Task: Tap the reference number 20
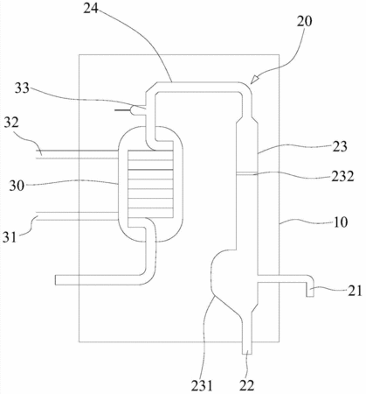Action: tap(304, 21)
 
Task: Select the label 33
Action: tap(22, 88)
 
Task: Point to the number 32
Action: tap(11, 123)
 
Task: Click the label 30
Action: tap(17, 186)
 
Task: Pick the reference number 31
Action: tap(10, 236)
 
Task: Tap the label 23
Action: tap(339, 146)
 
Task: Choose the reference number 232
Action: tap(342, 176)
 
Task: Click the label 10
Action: tap(341, 222)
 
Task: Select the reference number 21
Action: tap(355, 291)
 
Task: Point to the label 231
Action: tap(202, 385)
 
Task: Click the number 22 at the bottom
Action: tap(247, 385)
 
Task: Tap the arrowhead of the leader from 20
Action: tap(254, 80)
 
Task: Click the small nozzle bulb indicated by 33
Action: tap(135, 110)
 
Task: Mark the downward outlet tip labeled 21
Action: tap(310, 295)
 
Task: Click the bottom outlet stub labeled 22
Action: tap(247, 348)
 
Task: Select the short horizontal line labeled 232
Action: tap(247, 173)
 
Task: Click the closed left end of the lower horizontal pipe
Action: tap(55, 280)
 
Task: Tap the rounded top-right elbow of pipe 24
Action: tap(246, 87)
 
